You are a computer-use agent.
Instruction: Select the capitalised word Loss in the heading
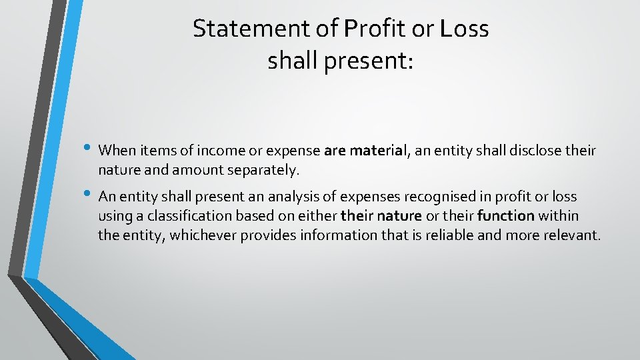[465, 29]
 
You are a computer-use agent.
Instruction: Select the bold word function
[506, 216]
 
